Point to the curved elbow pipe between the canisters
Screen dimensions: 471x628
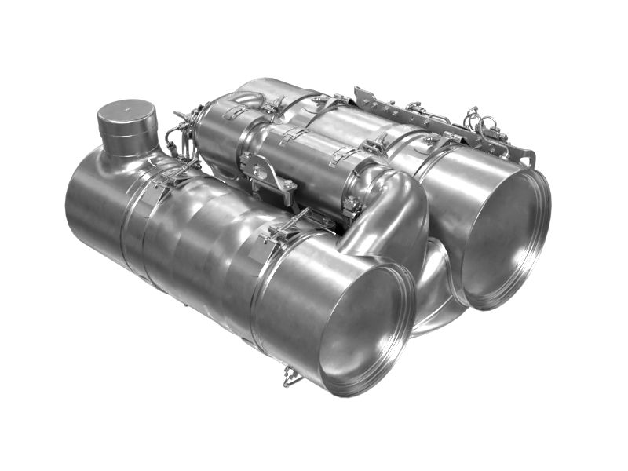392,212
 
